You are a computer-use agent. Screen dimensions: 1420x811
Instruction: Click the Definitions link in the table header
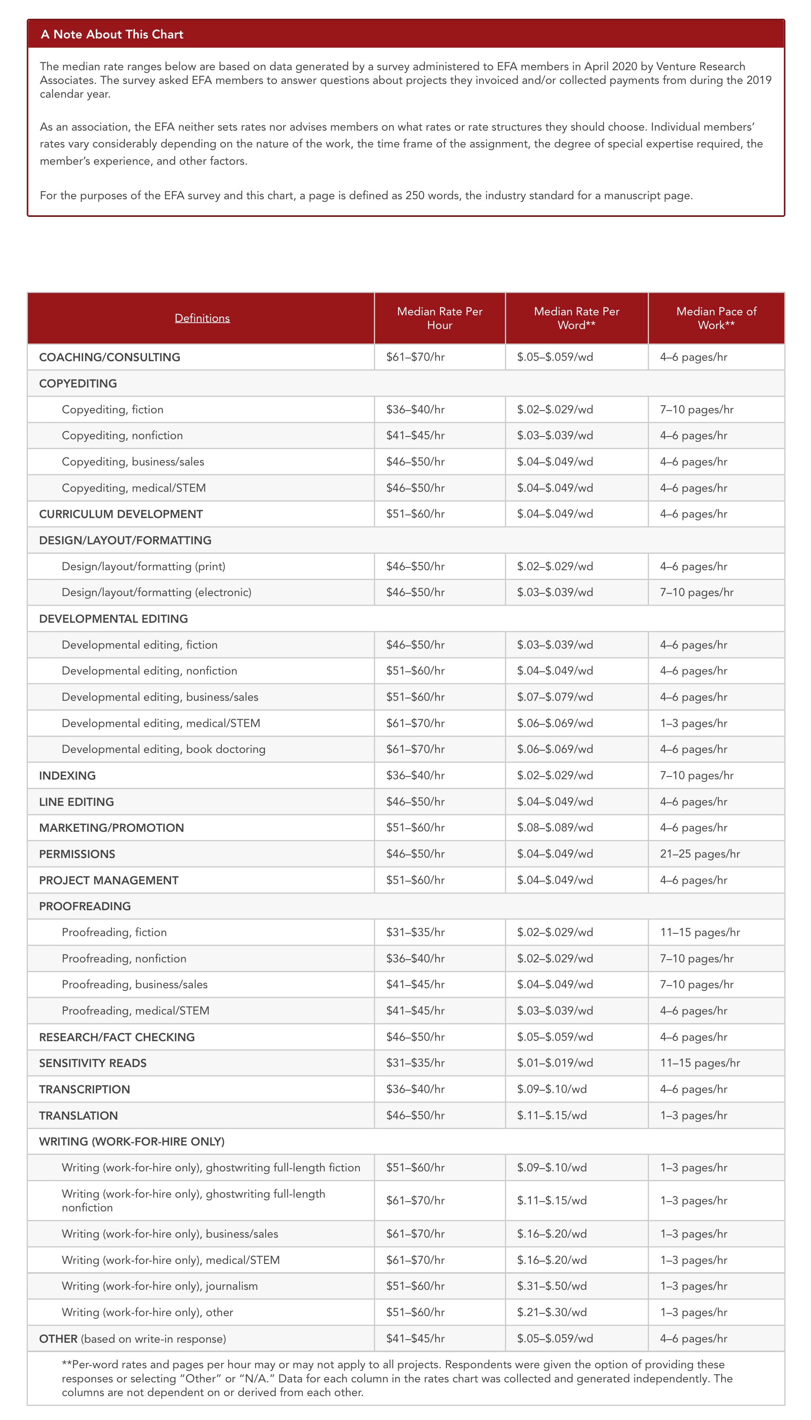(x=202, y=318)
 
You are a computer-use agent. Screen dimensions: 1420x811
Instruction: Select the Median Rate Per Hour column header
(x=439, y=318)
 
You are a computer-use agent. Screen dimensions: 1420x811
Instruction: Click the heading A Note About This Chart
(x=112, y=35)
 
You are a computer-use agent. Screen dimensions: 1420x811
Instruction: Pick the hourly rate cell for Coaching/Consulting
(x=416, y=357)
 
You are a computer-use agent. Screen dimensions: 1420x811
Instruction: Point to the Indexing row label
(x=67, y=775)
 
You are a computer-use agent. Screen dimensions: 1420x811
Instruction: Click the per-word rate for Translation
(x=551, y=1115)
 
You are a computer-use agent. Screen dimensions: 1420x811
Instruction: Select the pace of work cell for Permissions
(x=700, y=854)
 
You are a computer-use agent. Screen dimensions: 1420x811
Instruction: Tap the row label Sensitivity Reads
(x=93, y=1063)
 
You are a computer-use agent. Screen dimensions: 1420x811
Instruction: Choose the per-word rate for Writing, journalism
(x=551, y=1286)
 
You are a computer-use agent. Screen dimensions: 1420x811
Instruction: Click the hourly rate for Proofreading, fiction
(x=416, y=933)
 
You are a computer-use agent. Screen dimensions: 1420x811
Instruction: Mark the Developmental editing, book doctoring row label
(x=163, y=749)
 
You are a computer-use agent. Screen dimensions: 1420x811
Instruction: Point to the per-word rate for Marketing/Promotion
(x=555, y=828)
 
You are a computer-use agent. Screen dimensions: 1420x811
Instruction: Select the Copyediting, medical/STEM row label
(x=134, y=487)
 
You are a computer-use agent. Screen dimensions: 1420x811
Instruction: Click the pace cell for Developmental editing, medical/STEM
(x=693, y=723)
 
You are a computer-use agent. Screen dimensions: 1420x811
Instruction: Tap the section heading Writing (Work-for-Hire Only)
(x=131, y=1141)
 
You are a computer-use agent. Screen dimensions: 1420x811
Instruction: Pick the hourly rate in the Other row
(x=416, y=1339)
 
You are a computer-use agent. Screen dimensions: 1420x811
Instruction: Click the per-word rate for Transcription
(x=551, y=1089)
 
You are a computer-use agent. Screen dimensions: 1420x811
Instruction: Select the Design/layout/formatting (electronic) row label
(x=157, y=592)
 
